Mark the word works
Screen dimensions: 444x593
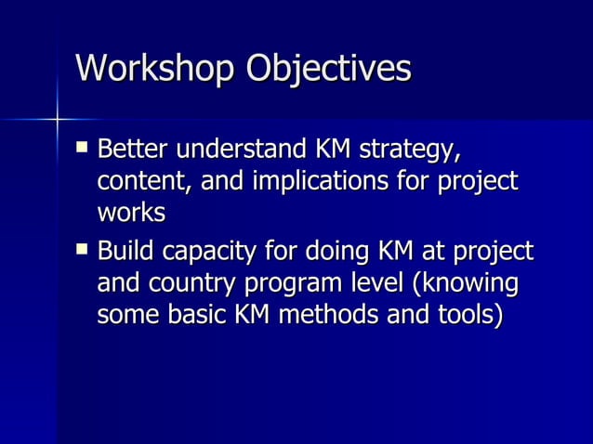(x=131, y=213)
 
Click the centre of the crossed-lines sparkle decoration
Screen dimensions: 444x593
(x=57, y=119)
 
